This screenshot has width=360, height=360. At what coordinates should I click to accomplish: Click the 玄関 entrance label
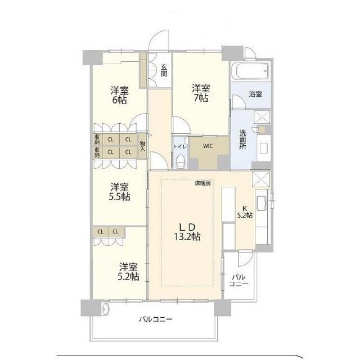[164, 70]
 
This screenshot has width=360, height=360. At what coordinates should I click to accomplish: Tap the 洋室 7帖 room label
[201, 93]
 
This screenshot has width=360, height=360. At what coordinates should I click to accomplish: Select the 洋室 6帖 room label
[119, 95]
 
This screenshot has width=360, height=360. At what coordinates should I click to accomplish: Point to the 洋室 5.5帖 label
[119, 192]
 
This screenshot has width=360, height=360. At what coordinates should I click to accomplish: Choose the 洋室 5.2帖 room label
[128, 272]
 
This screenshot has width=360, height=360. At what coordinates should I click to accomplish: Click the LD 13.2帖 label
[187, 232]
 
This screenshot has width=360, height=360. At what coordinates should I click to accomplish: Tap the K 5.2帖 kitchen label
[245, 212]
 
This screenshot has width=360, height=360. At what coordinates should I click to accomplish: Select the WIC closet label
[208, 146]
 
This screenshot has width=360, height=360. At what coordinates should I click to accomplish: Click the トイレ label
[180, 146]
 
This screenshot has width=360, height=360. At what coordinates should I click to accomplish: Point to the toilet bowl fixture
[181, 161]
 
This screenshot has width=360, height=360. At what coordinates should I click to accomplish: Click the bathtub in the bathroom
[252, 71]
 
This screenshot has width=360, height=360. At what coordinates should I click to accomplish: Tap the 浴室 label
[255, 94]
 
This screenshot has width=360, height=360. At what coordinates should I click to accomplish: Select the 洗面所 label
[242, 139]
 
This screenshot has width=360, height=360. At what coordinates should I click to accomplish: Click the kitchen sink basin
[261, 204]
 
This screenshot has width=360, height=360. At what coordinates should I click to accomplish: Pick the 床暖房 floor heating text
[202, 183]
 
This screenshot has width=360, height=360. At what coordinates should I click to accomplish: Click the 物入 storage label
[142, 146]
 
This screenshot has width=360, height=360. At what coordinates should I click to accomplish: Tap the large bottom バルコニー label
[156, 319]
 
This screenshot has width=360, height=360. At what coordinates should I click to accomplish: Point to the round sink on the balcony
[106, 309]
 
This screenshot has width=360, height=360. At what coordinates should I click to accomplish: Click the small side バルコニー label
[238, 281]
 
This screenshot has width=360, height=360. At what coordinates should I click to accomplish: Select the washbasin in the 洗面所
[264, 148]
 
